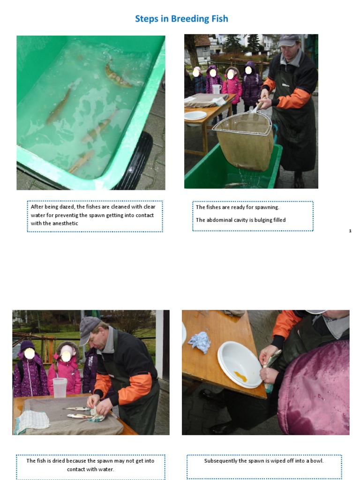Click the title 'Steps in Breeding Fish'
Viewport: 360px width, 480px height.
(181, 19)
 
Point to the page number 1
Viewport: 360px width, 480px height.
(350, 231)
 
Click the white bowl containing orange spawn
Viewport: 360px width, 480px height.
(240, 364)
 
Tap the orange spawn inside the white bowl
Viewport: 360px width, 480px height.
(240, 376)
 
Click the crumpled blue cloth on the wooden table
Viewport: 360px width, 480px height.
(200, 342)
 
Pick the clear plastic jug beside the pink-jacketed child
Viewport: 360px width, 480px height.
(60, 387)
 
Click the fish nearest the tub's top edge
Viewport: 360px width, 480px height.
(117, 76)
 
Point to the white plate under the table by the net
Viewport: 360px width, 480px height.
(195, 115)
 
